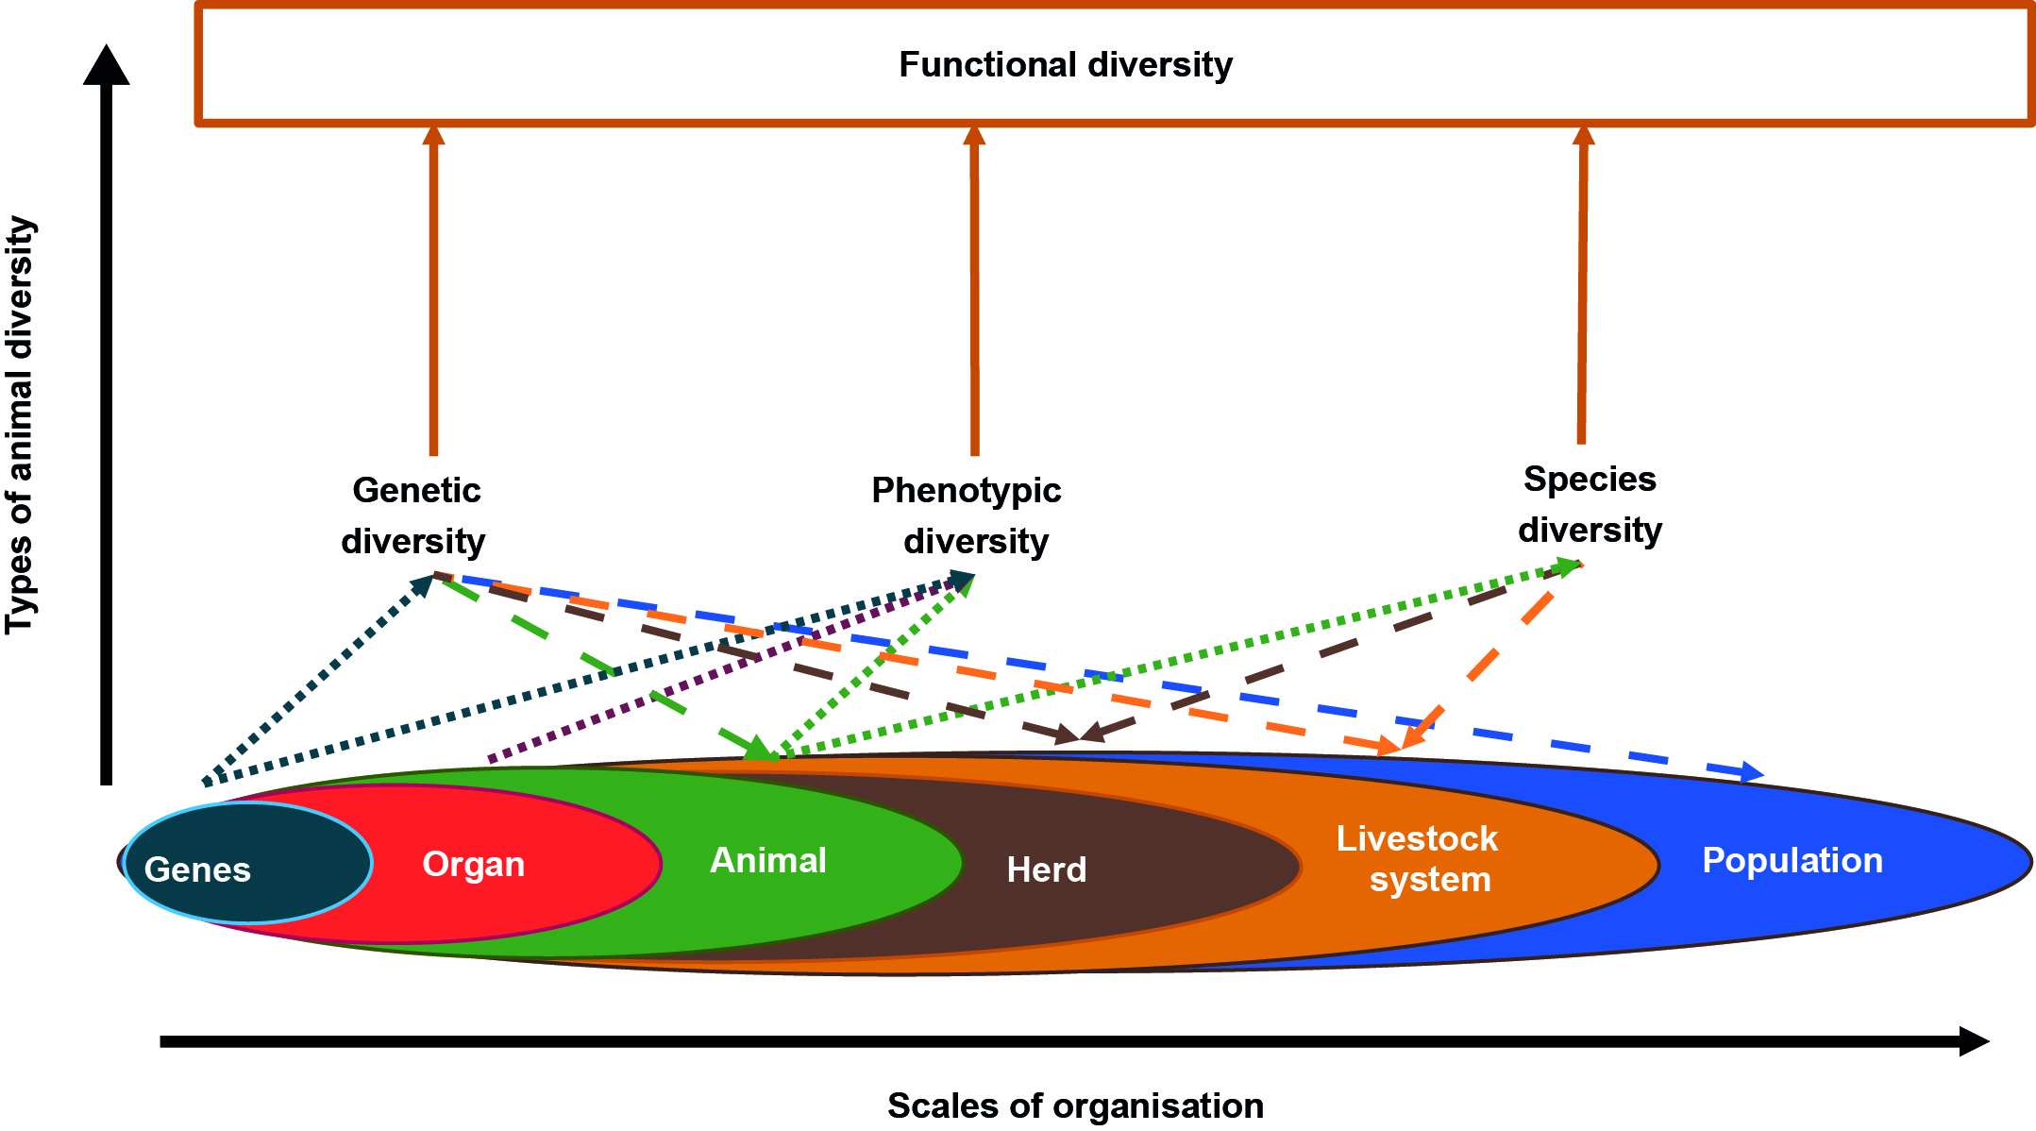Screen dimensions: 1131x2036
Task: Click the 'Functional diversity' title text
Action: (1065, 65)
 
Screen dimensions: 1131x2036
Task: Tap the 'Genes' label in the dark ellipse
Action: (197, 869)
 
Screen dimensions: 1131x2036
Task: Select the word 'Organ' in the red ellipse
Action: (473, 864)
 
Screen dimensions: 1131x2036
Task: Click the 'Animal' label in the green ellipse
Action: (767, 860)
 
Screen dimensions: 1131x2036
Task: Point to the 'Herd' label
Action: (1046, 869)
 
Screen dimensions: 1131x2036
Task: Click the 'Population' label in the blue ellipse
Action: (1792, 860)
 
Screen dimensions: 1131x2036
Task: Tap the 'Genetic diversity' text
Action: (414, 515)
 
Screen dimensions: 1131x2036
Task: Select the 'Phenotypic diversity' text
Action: (968, 515)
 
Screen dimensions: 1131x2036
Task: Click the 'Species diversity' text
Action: (1590, 504)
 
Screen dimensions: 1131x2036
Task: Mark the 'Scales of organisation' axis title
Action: (1074, 1105)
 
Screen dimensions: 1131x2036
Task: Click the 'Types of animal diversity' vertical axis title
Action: (21, 425)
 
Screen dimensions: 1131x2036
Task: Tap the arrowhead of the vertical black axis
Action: (107, 66)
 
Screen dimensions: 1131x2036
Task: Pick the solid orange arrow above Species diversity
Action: (1583, 283)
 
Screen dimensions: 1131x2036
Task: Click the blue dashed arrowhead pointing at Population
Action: (1751, 772)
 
